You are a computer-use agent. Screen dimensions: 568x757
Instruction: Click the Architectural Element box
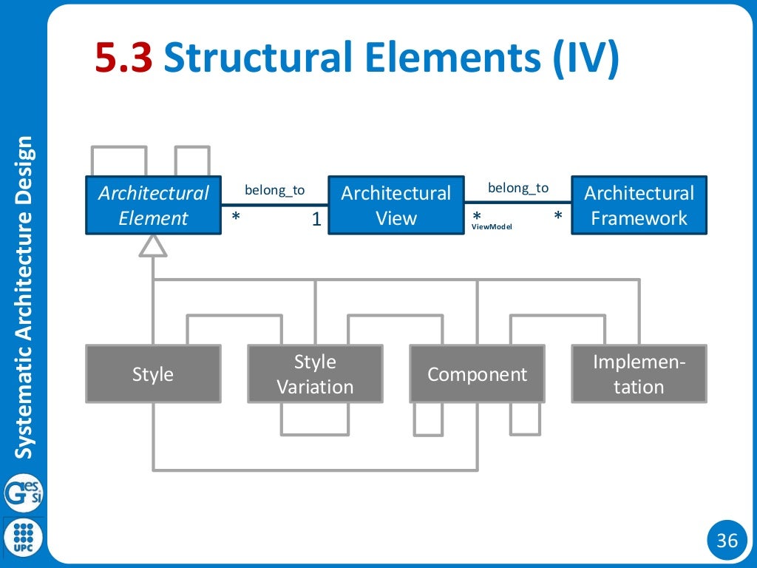point(153,205)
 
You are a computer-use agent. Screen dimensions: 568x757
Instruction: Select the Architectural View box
point(396,205)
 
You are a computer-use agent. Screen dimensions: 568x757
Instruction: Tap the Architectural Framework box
point(639,205)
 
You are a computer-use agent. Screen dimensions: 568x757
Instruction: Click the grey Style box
point(153,373)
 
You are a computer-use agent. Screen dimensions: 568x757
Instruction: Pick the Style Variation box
point(315,373)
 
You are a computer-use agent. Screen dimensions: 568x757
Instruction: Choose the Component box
point(477,373)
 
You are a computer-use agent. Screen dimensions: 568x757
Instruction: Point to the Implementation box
point(639,373)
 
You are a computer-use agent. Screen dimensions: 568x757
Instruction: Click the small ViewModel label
point(492,227)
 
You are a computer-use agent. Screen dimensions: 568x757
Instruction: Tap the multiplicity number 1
point(316,219)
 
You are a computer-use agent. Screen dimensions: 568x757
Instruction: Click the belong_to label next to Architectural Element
point(274,190)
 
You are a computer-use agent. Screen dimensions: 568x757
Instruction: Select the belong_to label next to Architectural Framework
point(518,188)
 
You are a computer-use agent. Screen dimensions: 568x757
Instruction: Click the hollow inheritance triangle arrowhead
point(153,246)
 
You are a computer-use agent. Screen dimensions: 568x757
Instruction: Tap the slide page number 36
point(727,541)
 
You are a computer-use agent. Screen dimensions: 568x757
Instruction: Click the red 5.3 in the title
point(123,59)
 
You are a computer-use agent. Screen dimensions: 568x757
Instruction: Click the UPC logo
point(24,536)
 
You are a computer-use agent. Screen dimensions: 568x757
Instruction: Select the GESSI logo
point(24,493)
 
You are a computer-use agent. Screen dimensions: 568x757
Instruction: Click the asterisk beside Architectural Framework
point(558,217)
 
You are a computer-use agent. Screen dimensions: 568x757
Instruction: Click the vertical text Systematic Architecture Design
point(25,296)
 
